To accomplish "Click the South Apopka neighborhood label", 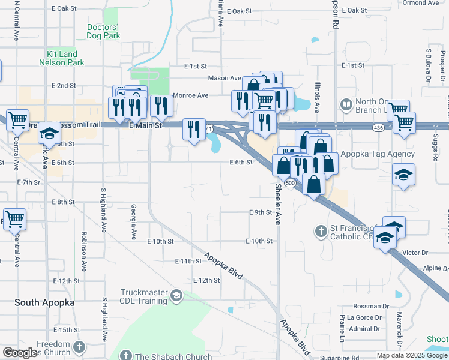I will coord(45,302).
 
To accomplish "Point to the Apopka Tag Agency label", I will coord(378,154).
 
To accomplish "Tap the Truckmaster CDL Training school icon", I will coord(176,295).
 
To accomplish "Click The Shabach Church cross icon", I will coord(126,356).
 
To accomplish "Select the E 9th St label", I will coord(261,212).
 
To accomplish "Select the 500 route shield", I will coord(289,182).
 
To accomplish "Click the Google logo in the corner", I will coord(19,353).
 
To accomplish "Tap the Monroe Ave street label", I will coord(190,95).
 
